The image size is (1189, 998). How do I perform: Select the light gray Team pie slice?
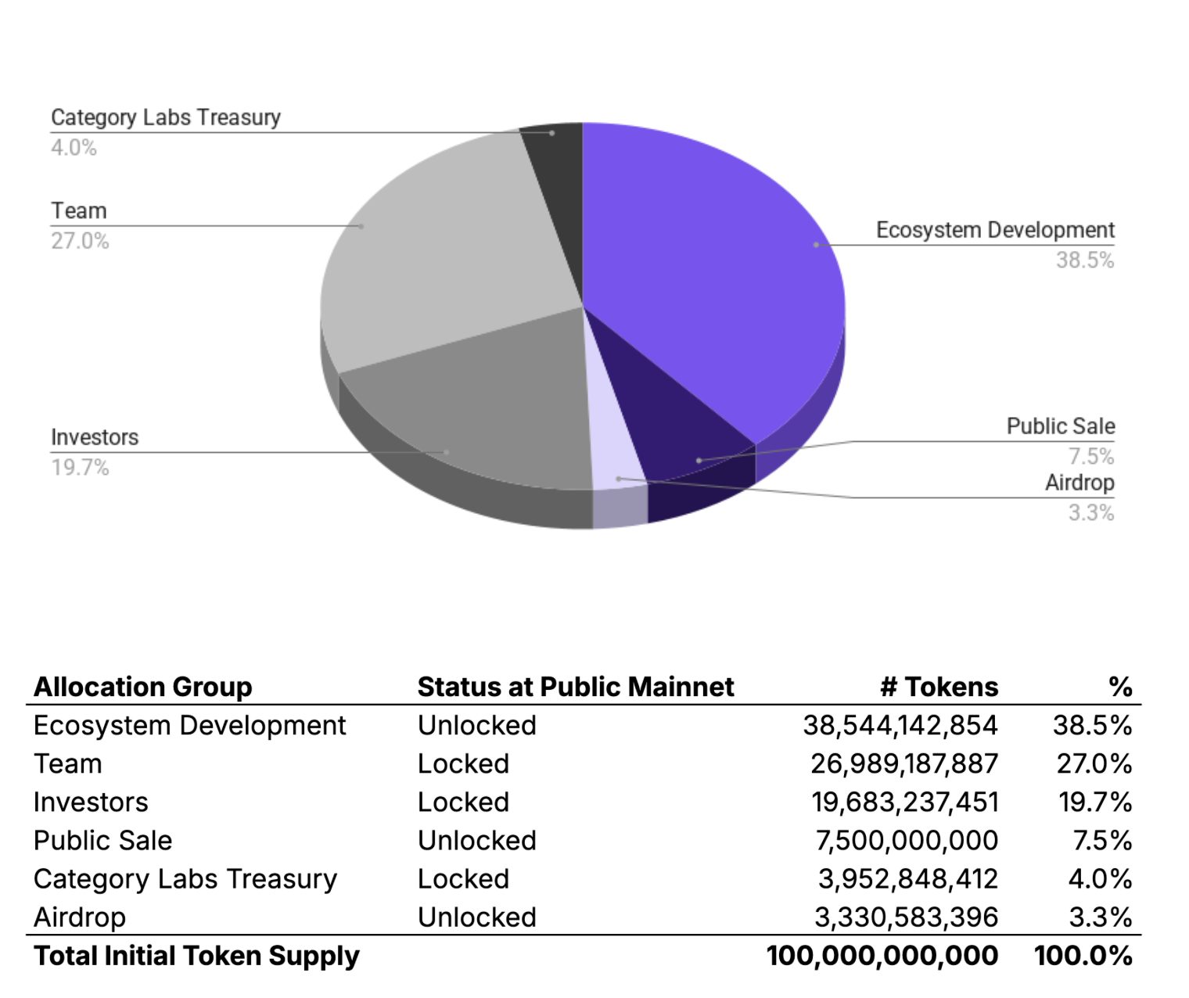point(446,250)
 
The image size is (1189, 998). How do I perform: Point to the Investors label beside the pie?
point(95,437)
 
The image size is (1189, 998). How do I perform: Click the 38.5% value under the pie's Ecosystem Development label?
point(1084,260)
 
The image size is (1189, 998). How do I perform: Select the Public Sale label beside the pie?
point(1060,426)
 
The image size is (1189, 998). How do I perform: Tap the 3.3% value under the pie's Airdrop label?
point(1090,513)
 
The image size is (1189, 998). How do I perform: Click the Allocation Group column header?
point(142,687)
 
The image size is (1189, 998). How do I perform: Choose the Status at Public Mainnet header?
point(575,687)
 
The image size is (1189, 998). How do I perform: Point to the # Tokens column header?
point(939,687)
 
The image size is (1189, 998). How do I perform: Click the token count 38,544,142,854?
point(900,726)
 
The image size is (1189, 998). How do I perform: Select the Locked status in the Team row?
point(463,764)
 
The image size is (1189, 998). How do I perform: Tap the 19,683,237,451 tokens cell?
point(904,802)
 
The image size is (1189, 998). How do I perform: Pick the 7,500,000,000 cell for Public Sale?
point(907,841)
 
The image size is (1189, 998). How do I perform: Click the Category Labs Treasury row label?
point(185,879)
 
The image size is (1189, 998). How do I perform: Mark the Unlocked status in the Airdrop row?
point(476,917)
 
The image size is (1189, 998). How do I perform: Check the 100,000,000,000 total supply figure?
point(882,956)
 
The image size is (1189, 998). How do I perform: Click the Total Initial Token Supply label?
point(196,956)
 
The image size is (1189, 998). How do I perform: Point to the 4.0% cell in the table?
point(1099,879)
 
